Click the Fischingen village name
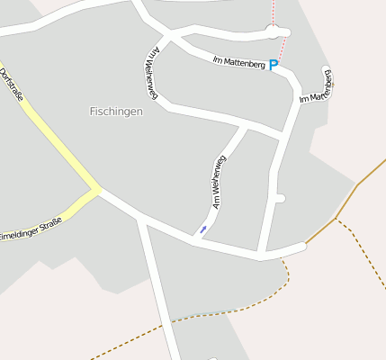[x=116, y=111]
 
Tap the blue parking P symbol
[x=274, y=65]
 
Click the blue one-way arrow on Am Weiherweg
[x=202, y=230]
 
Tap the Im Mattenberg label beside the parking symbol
[x=238, y=62]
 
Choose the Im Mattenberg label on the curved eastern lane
[x=319, y=85]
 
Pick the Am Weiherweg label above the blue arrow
[x=218, y=182]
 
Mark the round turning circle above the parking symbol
[x=274, y=32]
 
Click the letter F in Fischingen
[x=93, y=112]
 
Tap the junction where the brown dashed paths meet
[x=337, y=219]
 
